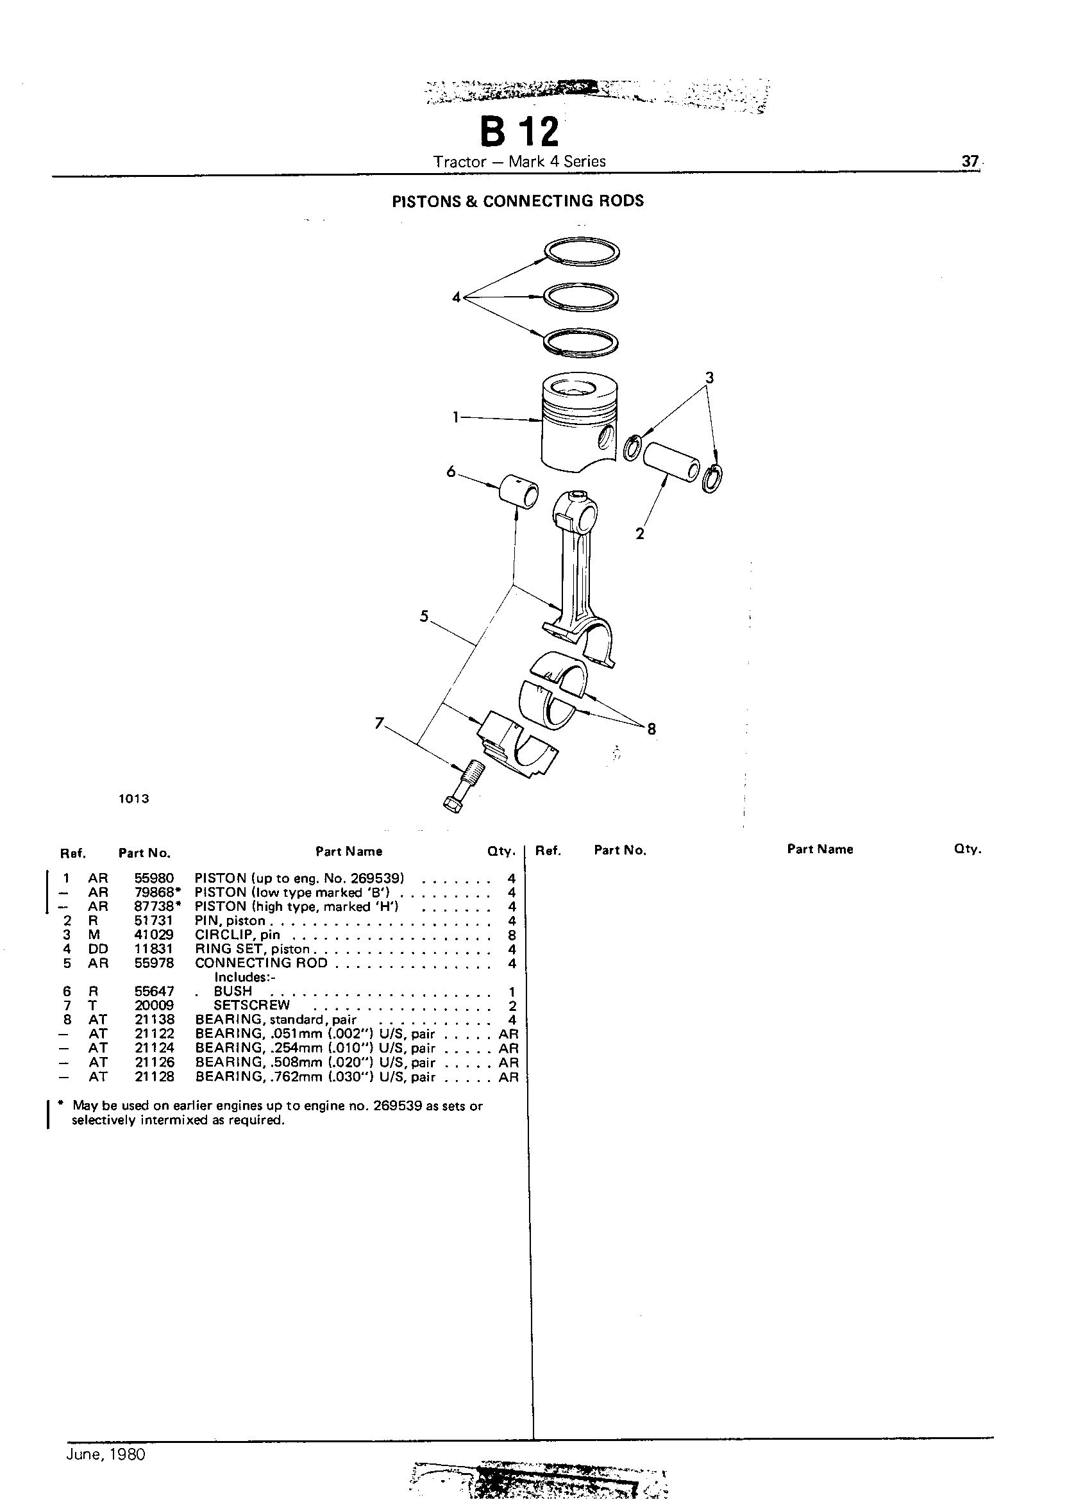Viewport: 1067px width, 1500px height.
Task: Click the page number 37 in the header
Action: [x=970, y=161]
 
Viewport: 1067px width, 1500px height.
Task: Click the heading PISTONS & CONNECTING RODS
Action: [x=517, y=201]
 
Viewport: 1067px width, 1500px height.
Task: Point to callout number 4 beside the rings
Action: [x=457, y=297]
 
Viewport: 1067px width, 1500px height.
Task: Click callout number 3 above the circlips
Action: [x=709, y=378]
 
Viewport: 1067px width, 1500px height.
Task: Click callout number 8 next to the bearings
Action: [x=651, y=728]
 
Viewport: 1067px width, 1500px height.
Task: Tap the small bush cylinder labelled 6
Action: [x=519, y=492]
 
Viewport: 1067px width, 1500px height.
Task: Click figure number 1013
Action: [x=134, y=799]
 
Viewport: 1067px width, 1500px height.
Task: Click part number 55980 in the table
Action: [x=154, y=878]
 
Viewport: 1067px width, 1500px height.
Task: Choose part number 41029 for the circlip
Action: [x=154, y=935]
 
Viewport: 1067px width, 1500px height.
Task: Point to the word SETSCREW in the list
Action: [x=251, y=1006]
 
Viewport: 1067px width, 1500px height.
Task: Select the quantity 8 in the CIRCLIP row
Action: [x=512, y=935]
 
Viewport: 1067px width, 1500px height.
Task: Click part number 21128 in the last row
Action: [x=155, y=1076]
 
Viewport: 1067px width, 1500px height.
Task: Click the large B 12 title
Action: [x=519, y=131]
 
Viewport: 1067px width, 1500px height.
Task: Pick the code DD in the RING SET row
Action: [x=98, y=949]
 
